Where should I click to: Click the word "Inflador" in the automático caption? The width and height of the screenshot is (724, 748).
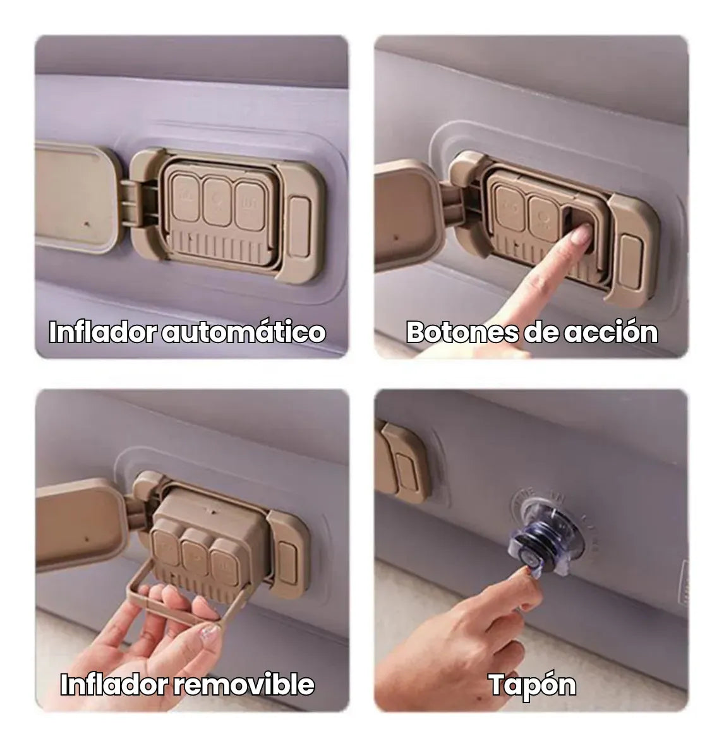click(x=102, y=332)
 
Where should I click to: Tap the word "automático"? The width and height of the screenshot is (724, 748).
click(x=243, y=332)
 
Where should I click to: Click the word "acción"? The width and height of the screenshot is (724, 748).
click(x=611, y=332)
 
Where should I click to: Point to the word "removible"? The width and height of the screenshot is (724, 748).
click(x=243, y=684)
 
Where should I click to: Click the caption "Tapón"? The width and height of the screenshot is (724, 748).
click(x=532, y=685)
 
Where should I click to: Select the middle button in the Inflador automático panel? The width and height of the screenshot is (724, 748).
click(x=217, y=201)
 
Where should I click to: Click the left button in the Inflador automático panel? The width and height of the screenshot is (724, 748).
click(x=185, y=197)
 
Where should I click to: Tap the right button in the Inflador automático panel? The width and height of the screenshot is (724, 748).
click(x=250, y=206)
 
